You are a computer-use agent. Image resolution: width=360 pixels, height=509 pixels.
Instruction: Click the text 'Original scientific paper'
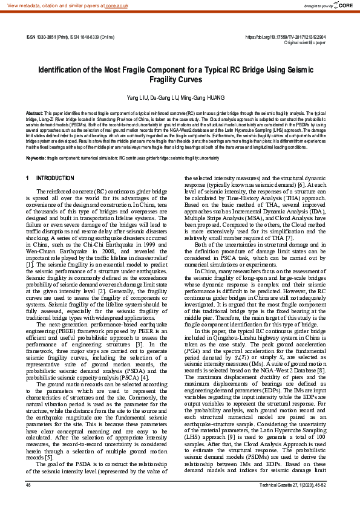[304, 44]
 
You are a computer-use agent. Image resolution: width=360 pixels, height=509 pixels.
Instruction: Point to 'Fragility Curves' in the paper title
[180, 79]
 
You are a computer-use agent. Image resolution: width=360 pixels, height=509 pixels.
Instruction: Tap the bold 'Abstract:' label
[34, 113]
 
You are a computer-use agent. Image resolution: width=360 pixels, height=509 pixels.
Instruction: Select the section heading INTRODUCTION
[56, 178]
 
